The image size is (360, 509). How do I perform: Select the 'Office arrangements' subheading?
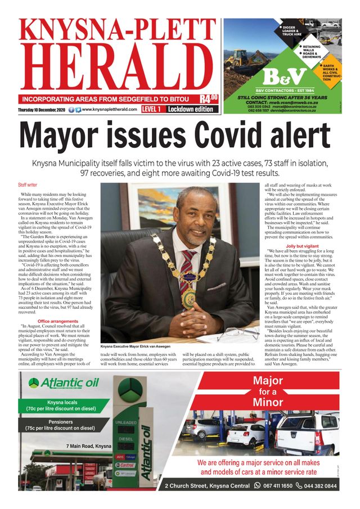click(57, 321)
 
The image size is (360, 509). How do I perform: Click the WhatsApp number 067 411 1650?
click(277, 485)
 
